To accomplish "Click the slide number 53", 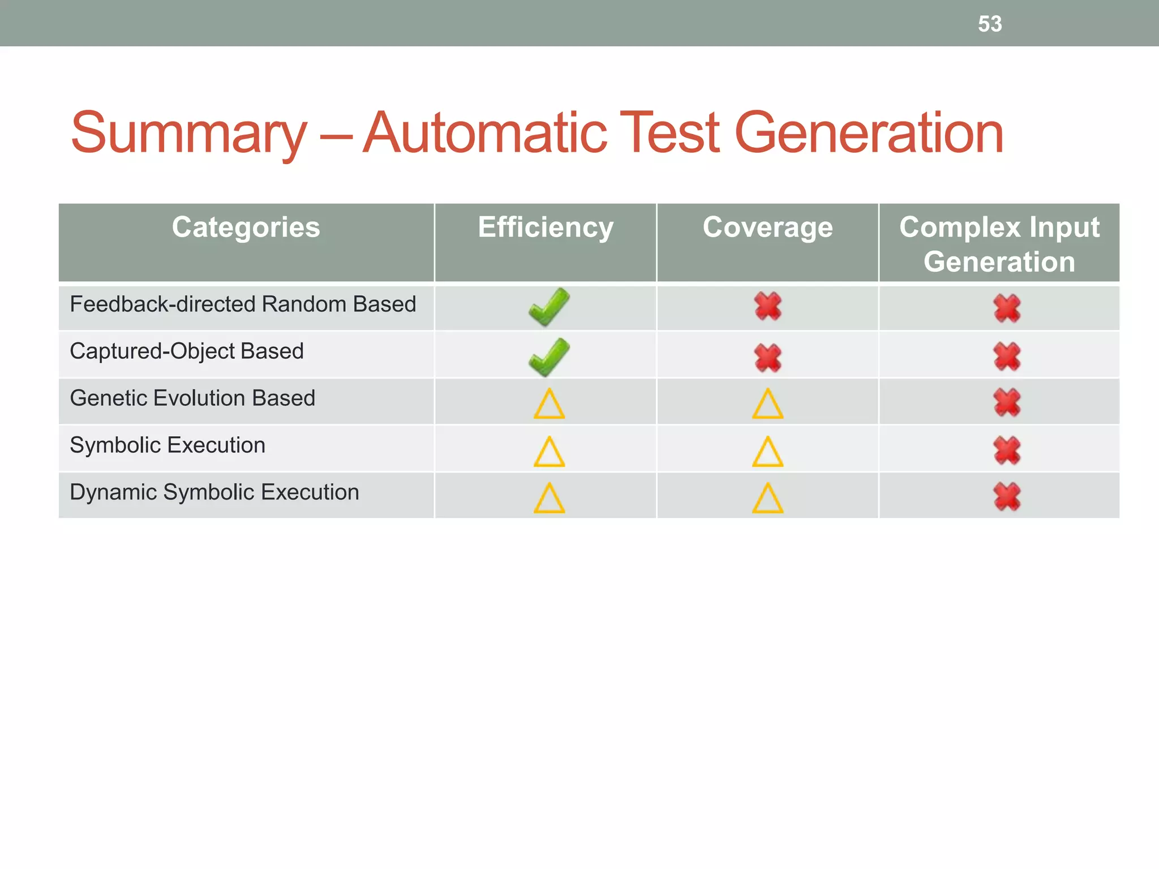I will pyautogui.click(x=990, y=24).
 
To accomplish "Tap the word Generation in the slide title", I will pyautogui.click(x=869, y=134).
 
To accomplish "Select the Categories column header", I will pyautogui.click(x=246, y=228).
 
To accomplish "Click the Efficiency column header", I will pyautogui.click(x=546, y=228).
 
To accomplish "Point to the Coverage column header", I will pyautogui.click(x=767, y=228).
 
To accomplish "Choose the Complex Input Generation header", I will pyautogui.click(x=999, y=244).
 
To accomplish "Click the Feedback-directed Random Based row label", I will pyautogui.click(x=243, y=304).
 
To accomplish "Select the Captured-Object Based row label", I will pyautogui.click(x=187, y=351).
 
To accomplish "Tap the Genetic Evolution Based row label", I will pyautogui.click(x=192, y=398).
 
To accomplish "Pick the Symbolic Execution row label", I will pyautogui.click(x=168, y=445).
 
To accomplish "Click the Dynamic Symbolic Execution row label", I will pyautogui.click(x=214, y=492).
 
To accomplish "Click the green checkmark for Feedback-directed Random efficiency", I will pyautogui.click(x=549, y=307).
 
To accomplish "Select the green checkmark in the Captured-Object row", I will pyautogui.click(x=549, y=356).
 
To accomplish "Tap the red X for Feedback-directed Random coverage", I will pyautogui.click(x=768, y=307).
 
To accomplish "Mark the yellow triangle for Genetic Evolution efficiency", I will pyautogui.click(x=549, y=405).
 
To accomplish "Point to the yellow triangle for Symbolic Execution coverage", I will pyautogui.click(x=768, y=452).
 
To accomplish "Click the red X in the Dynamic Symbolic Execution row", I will pyautogui.click(x=1007, y=497).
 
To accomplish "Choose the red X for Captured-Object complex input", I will pyautogui.click(x=1007, y=356).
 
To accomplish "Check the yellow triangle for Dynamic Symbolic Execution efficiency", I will pyautogui.click(x=549, y=499).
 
